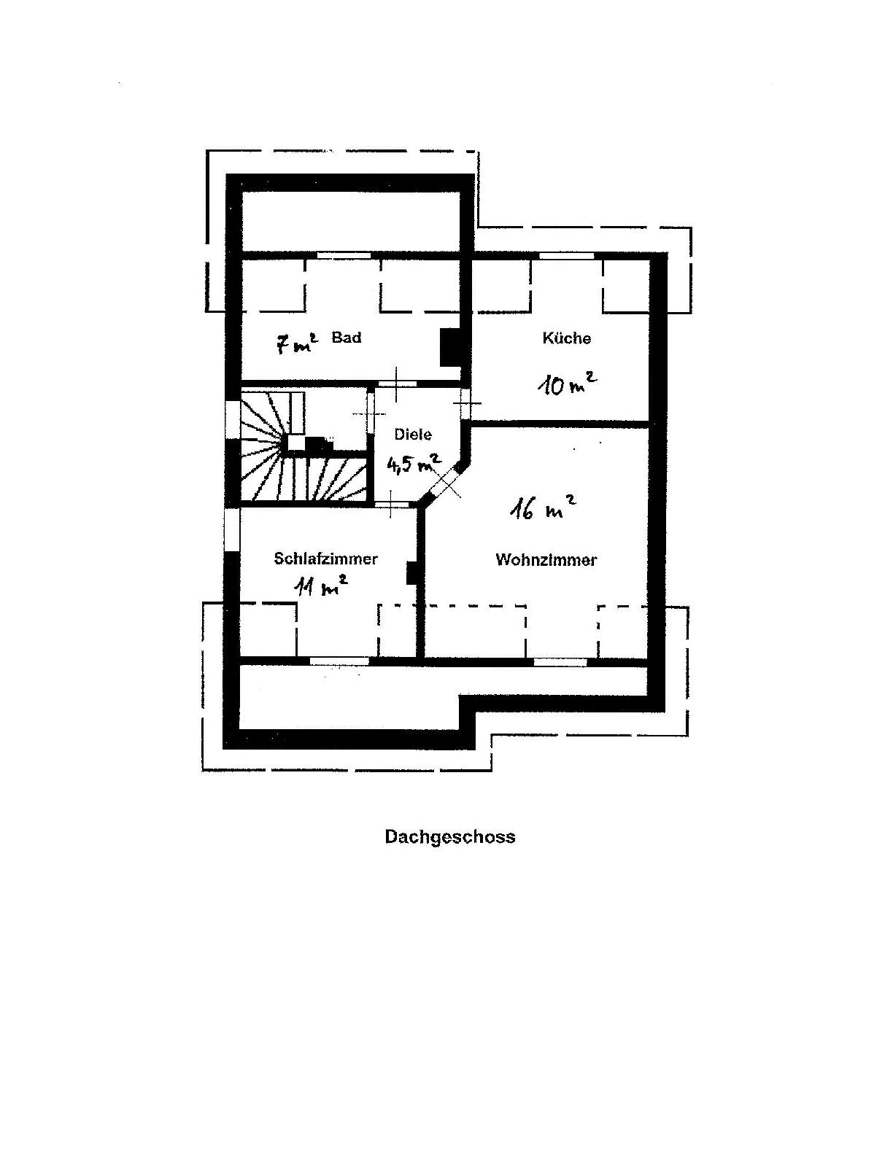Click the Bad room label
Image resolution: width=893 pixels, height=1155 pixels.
coord(347,338)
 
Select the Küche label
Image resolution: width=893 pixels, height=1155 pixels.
coord(566,338)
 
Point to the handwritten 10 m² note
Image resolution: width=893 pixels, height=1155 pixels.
coord(567,383)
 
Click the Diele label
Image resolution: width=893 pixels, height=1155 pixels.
coord(413,435)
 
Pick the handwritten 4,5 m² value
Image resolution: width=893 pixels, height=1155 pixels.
coord(413,463)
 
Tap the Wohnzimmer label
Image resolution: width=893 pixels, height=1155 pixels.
coord(546,560)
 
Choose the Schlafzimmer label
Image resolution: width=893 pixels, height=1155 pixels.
coord(325,559)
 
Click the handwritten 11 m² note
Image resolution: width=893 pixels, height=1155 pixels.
coord(320,586)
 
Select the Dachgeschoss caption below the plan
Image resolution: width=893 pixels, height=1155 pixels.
coord(449,836)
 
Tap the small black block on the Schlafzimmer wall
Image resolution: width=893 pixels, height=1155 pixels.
coord(411,572)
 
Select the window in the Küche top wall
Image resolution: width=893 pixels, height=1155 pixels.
coord(566,255)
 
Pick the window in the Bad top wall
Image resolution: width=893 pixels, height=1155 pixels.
coord(344,255)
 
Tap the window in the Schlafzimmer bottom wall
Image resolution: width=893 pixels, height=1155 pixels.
coord(339,661)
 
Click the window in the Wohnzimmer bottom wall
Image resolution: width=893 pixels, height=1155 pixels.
coord(560,662)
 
